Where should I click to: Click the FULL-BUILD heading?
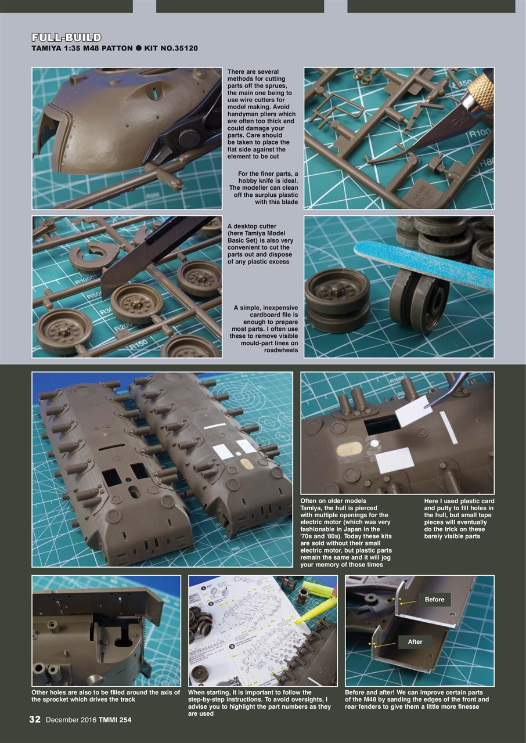click(66, 38)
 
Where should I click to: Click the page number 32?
click(35, 720)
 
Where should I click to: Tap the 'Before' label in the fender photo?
click(434, 600)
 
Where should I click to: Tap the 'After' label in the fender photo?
click(415, 641)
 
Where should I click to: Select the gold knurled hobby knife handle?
click(481, 90)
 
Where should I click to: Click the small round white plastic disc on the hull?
click(374, 443)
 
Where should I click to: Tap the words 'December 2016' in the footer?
click(71, 720)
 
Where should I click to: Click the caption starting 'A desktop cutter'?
click(260, 244)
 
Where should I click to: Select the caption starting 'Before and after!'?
click(417, 699)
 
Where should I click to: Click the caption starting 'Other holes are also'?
click(106, 696)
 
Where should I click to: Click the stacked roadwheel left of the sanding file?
click(337, 301)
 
